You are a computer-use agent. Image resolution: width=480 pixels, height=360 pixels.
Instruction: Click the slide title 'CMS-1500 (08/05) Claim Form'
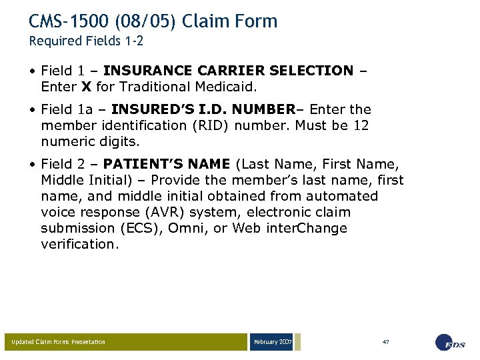(153, 21)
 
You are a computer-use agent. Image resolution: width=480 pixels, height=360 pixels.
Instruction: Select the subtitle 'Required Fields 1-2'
(86, 41)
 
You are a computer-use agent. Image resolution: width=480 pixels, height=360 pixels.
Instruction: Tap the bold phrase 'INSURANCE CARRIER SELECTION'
(229, 70)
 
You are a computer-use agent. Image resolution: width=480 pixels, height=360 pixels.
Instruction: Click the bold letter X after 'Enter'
(86, 86)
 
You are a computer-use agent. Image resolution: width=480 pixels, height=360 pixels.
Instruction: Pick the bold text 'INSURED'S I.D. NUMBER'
(203, 109)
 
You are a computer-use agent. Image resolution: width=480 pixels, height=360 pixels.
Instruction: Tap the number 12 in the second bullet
(361, 125)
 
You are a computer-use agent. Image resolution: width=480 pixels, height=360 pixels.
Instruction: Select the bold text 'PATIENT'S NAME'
(167, 163)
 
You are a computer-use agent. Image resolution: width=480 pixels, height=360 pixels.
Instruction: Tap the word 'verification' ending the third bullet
(78, 244)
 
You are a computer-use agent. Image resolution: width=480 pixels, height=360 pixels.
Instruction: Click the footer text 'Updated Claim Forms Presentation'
(59, 342)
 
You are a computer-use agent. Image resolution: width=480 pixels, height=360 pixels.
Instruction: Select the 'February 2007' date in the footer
(272, 342)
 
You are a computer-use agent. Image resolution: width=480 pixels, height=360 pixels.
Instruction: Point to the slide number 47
(385, 342)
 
